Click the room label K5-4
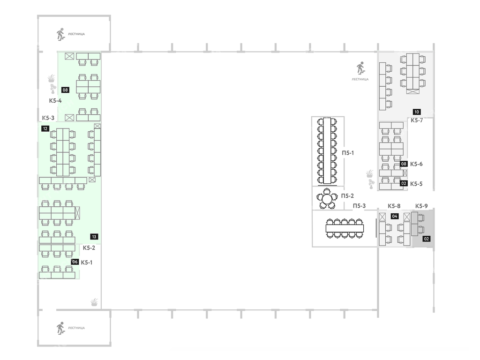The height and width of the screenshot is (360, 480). point(55,101)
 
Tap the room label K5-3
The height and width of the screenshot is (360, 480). point(48,118)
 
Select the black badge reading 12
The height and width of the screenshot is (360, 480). point(45,128)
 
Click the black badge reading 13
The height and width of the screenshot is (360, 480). point(94,237)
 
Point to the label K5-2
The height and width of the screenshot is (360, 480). point(89,248)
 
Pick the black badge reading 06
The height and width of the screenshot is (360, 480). point(75,262)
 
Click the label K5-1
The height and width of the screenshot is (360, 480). point(87,262)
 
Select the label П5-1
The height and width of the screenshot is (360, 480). point(348,153)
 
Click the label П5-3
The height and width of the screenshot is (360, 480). point(360,206)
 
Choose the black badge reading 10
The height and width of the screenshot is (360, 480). point(417,112)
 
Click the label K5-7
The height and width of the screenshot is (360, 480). point(417,120)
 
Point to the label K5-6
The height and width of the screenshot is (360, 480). point(416,164)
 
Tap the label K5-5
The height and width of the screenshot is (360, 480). point(416,184)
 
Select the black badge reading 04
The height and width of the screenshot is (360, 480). point(395,217)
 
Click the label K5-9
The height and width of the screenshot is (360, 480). point(421,206)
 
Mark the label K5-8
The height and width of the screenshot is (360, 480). point(394,206)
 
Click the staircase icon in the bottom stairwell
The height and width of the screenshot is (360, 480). point(60,328)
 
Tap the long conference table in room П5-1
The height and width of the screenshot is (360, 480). point(327,150)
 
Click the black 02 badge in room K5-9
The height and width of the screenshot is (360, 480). point(427,239)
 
